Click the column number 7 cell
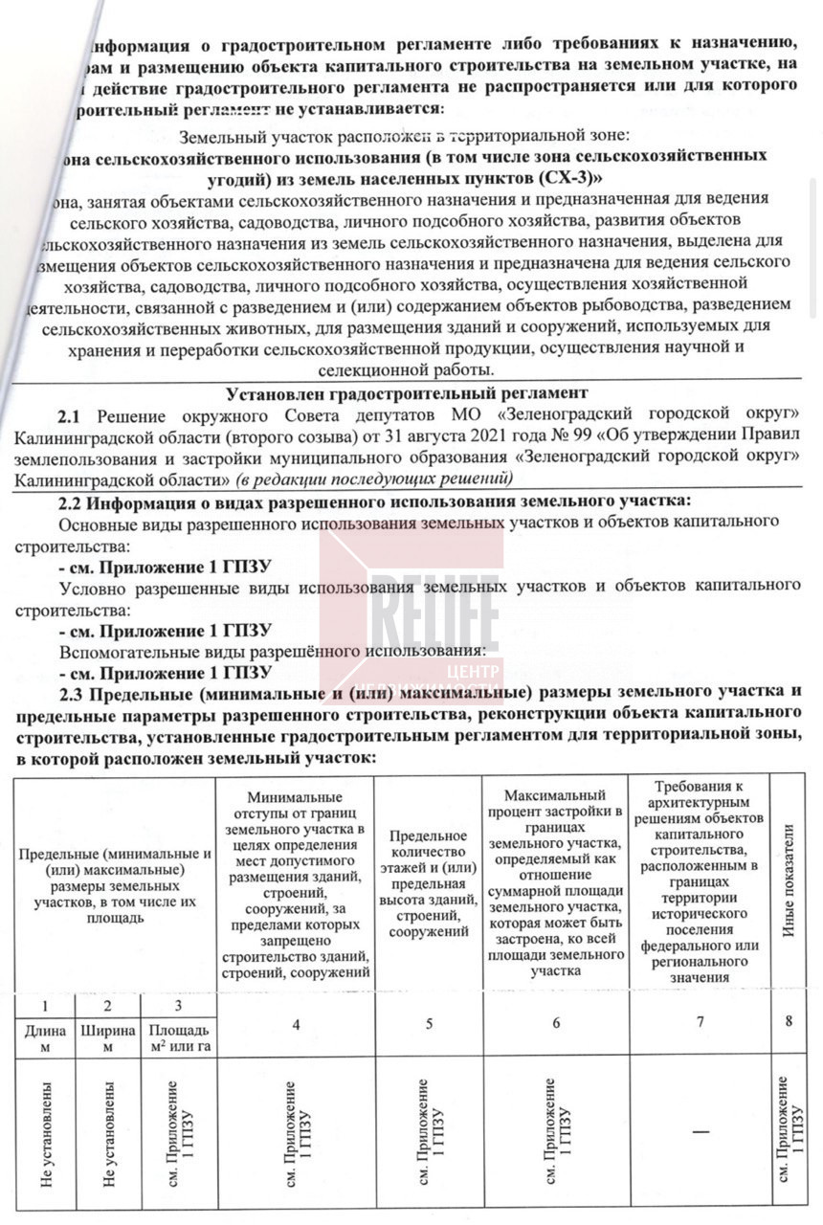[701, 1022]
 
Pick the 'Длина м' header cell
[46, 1038]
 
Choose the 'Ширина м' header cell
[108, 1038]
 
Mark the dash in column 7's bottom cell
[701, 1132]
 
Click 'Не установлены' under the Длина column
[46, 1134]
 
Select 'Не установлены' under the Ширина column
[108, 1134]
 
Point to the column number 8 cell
[790, 1021]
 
